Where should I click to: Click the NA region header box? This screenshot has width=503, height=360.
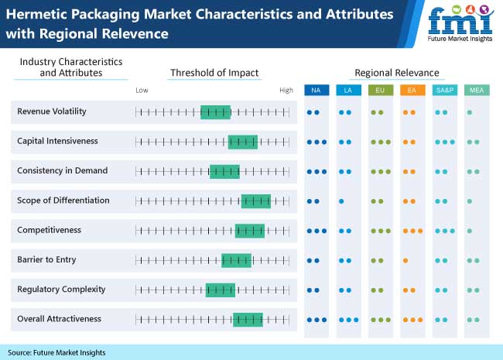pos(316,91)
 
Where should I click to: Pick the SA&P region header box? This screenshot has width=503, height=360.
pos(444,91)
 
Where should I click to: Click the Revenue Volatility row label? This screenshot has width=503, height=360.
pos(52,111)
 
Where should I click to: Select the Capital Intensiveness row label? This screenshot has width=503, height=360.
pos(57,141)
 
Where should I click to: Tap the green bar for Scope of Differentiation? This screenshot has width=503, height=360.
pos(255,201)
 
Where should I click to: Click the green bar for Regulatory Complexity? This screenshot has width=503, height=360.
pos(220,290)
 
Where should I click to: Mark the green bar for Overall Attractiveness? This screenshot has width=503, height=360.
pos(248,319)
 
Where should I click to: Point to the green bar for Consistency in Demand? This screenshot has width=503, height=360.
pos(224,171)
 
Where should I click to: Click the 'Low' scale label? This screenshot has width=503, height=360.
pos(142,91)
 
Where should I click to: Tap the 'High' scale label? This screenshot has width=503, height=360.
pos(286,91)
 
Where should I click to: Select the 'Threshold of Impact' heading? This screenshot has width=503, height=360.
pos(214,73)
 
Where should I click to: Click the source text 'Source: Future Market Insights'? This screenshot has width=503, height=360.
pos(57,352)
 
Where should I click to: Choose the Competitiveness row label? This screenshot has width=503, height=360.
pos(49,230)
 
